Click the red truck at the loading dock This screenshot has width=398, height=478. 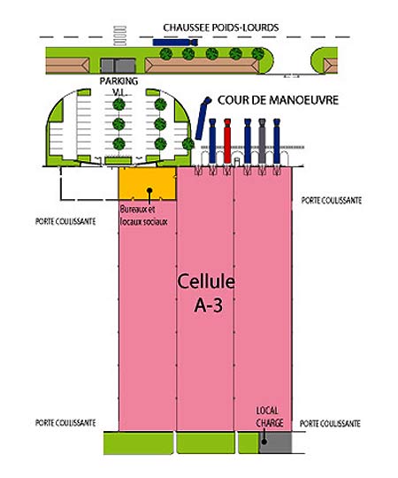pos(227,141)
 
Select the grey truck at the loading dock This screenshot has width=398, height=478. pos(262,141)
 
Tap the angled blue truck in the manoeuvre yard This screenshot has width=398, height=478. pos(203,119)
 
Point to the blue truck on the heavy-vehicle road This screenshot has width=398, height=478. pos(175,42)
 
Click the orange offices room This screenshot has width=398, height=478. pos(147,183)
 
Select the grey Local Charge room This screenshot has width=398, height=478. pos(275,443)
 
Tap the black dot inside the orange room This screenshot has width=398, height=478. pos(149,190)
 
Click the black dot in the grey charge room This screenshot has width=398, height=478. pos(264,441)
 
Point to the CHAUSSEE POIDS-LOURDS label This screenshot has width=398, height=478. pos(221,27)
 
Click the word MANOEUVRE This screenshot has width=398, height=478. pos(300,100)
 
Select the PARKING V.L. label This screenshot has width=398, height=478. pos(119,87)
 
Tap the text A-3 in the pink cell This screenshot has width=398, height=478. pos(209,305)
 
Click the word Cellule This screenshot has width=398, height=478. pos(206,281)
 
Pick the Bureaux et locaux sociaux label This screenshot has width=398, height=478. pos(144,215)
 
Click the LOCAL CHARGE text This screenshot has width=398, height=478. pos(270,417)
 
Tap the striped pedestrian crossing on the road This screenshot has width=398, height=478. pos(119,36)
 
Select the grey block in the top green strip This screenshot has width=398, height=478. pos(118,66)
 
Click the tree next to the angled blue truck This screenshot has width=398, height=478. pos(188,143)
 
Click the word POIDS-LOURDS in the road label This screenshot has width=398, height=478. pos(246,27)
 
